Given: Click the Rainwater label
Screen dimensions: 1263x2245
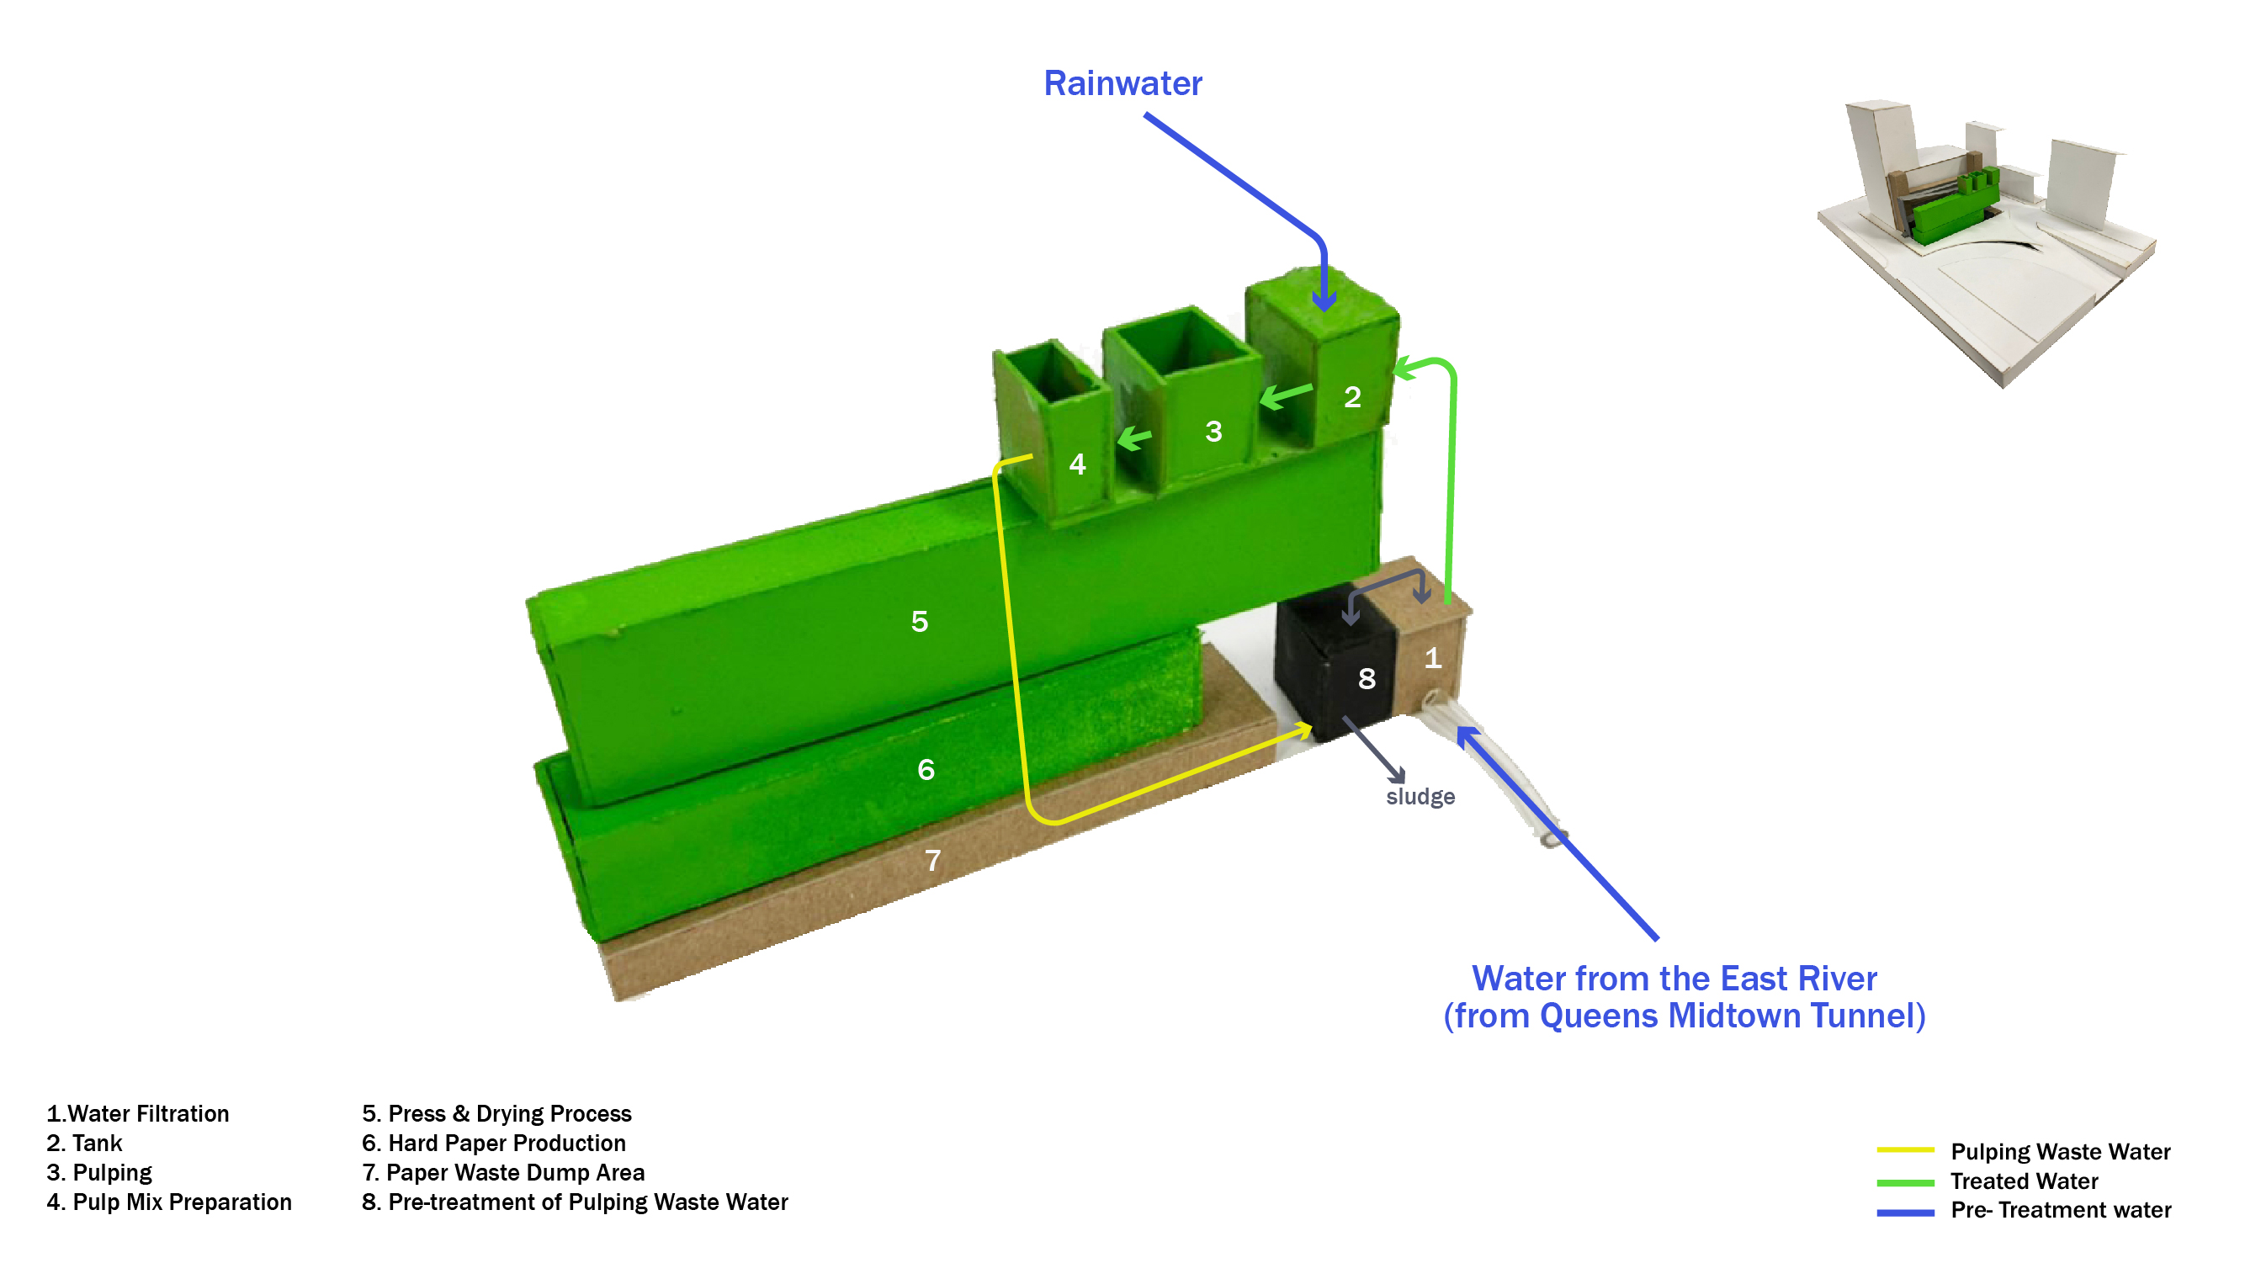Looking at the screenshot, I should point(1122,83).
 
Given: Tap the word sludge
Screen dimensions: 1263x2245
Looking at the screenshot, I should point(1420,797).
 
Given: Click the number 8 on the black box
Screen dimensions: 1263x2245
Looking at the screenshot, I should point(1367,678).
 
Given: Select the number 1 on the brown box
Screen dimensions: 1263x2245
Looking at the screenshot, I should point(1432,658).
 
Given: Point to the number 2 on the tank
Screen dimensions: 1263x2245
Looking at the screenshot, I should point(1351,397).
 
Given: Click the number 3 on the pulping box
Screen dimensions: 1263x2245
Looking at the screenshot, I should point(1213,432).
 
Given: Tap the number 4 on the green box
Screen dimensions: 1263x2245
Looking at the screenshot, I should point(1077,464).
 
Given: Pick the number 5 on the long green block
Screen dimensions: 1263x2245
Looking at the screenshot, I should point(920,622).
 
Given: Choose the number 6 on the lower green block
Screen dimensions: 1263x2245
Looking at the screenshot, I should point(926,770).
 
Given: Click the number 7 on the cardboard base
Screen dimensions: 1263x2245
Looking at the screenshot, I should point(932,860).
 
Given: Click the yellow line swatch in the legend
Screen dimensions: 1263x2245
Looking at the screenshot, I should point(1904,1150).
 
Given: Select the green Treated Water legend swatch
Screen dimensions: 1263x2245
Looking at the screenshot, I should point(1904,1182).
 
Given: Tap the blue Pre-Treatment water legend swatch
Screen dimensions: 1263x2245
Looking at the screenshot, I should point(1904,1212).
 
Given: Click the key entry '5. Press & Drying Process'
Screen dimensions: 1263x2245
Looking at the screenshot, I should point(496,1113).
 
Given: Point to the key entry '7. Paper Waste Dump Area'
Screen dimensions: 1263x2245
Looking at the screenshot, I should point(503,1172).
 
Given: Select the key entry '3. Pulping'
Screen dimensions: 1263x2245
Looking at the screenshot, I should point(99,1172).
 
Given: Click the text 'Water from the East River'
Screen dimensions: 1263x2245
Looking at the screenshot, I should point(1674,978).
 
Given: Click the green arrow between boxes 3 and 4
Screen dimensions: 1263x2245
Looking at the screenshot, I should point(1133,438).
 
